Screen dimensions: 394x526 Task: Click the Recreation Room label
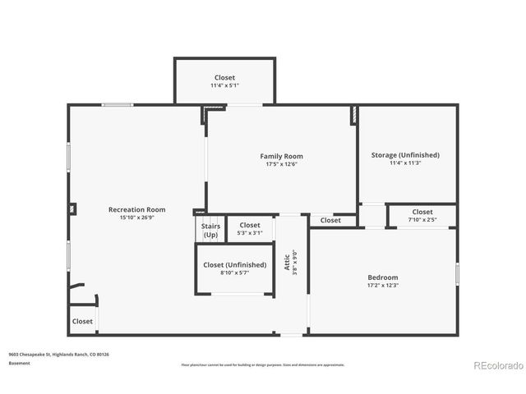coord(137,209)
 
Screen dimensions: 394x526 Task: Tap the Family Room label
coord(282,156)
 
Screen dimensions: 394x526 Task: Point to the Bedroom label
coord(382,277)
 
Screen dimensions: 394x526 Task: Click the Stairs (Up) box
coord(210,230)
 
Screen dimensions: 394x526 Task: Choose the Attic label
coord(287,261)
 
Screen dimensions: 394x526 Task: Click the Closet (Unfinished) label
coord(235,265)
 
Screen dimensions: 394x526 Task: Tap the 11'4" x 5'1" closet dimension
coord(224,85)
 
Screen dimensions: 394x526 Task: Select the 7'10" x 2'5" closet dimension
coord(422,220)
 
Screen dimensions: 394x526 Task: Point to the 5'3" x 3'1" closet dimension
coord(250,233)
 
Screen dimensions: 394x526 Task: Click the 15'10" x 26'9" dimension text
coord(137,218)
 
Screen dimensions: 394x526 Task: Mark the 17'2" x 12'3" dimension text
coord(382,286)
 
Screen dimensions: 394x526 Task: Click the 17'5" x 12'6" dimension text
coord(282,164)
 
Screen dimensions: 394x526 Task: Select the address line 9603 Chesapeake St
coord(58,354)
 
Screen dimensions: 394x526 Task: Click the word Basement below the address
coord(19,363)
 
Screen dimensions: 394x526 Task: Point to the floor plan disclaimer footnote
coord(263,364)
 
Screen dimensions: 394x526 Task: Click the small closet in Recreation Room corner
coord(82,321)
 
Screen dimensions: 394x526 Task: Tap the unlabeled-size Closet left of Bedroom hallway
coord(330,220)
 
